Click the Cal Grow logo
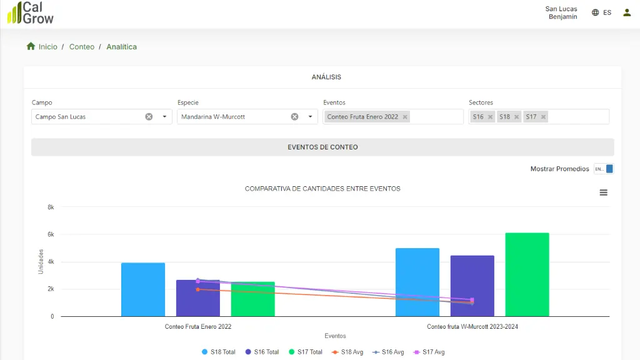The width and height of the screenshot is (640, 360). [30, 12]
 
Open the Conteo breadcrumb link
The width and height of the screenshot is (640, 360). [82, 46]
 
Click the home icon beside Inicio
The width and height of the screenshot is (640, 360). [31, 46]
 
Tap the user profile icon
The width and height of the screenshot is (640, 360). [627, 12]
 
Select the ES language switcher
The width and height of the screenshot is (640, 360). [602, 12]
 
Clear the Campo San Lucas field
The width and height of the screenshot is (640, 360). [149, 117]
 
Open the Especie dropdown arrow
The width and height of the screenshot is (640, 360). [310, 117]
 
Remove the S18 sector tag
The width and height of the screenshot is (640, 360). [516, 117]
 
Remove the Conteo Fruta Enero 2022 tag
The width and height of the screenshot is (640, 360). [405, 117]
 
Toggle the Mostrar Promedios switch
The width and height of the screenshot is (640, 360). [604, 169]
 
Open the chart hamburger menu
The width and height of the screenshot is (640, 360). [603, 192]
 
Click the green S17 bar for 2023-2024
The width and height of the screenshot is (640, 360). [527, 275]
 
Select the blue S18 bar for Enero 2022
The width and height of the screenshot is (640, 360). [143, 289]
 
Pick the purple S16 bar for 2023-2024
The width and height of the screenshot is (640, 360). [472, 286]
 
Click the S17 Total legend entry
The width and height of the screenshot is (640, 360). [305, 352]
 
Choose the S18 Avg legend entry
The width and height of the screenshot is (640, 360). [347, 352]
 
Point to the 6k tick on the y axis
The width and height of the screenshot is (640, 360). [51, 234]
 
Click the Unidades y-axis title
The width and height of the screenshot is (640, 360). [41, 261]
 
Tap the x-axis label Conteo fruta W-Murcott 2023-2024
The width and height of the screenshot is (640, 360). [472, 326]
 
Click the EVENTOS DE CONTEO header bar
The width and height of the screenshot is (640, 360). [322, 147]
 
